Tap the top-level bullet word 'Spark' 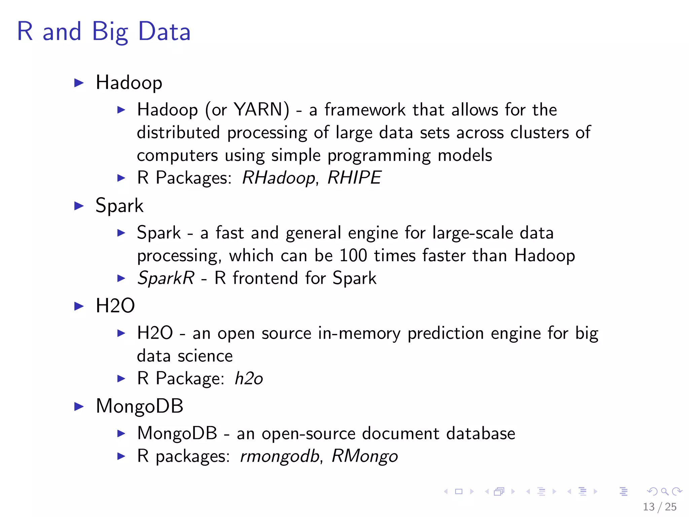point(119,206)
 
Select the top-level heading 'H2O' point(115,306)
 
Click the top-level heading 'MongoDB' point(140,406)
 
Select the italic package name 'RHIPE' point(354,177)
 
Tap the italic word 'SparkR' point(166,278)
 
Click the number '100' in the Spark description point(353,255)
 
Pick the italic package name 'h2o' point(249,378)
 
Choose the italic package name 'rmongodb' point(280,456)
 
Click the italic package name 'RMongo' point(365,456)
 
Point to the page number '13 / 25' point(659,507)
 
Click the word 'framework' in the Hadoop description point(365,110)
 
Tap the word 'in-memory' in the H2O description point(359,333)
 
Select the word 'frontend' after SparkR point(265,278)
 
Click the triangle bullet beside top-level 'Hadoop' point(79,83)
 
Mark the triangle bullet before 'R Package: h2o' point(121,379)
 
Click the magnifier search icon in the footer point(664,491)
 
